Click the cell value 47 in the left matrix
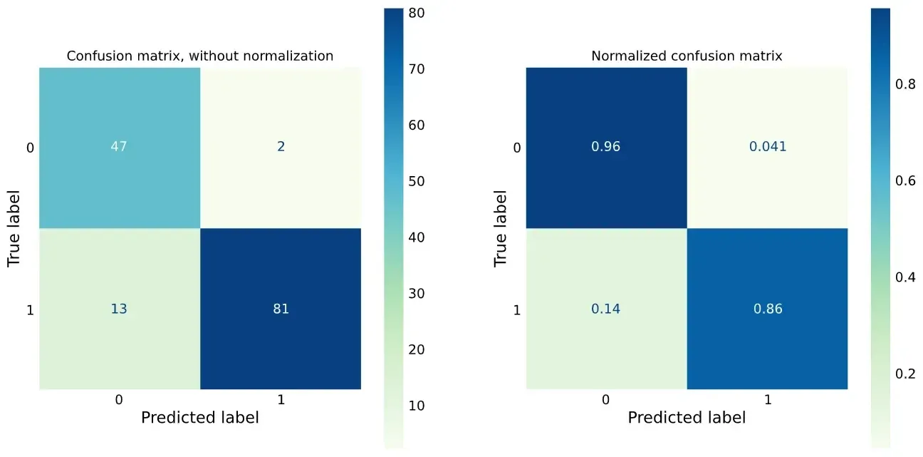tap(119, 147)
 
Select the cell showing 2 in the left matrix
tap(281, 147)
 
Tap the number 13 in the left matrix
tap(119, 309)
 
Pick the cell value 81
tap(281, 309)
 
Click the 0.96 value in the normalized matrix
tap(606, 147)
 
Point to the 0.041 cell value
tap(768, 147)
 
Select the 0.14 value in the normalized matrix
tap(606, 309)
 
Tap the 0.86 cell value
tap(768, 309)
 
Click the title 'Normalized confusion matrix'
tap(687, 56)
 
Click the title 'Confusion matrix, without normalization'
tap(199, 56)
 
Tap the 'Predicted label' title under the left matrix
tap(199, 417)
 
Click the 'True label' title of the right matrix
tap(501, 228)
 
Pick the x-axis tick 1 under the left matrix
tap(281, 400)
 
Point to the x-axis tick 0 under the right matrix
tap(606, 400)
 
